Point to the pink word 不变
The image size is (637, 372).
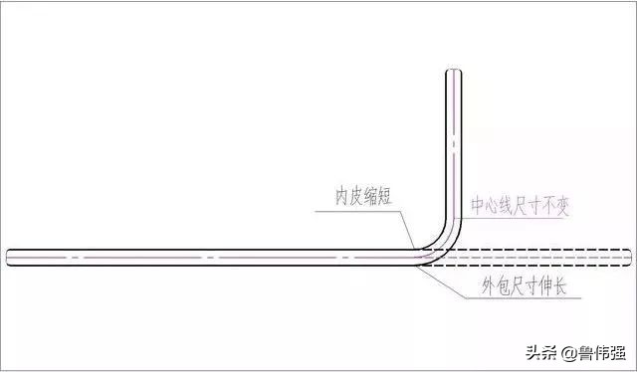[552, 207]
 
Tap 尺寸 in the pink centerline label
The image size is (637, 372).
[523, 207]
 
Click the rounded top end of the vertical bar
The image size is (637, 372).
[453, 73]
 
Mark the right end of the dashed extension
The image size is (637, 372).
[628, 257]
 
